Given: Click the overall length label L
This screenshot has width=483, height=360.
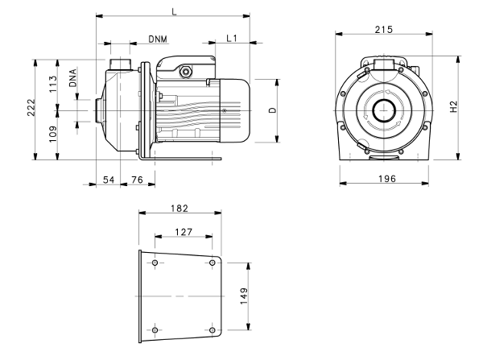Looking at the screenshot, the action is tap(175, 12).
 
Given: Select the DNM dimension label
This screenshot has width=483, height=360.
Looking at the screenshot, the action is tap(158, 39).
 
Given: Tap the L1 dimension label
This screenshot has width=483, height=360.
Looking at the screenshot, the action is tap(232, 38).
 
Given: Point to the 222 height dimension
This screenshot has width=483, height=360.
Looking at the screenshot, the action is tap(31, 107).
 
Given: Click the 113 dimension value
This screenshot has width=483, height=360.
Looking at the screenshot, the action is tap(53, 84).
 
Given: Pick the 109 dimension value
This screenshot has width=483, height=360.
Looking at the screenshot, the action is tap(53, 134).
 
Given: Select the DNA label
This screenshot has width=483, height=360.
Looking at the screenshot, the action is tap(72, 78).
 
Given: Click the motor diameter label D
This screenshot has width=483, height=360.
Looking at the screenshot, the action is tap(273, 110).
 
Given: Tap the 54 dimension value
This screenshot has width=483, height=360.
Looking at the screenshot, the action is tap(109, 180).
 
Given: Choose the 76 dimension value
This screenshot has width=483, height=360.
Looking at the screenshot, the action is tap(137, 180).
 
